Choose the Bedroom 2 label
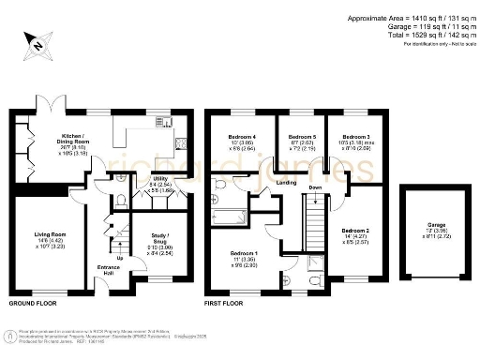[355, 230]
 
